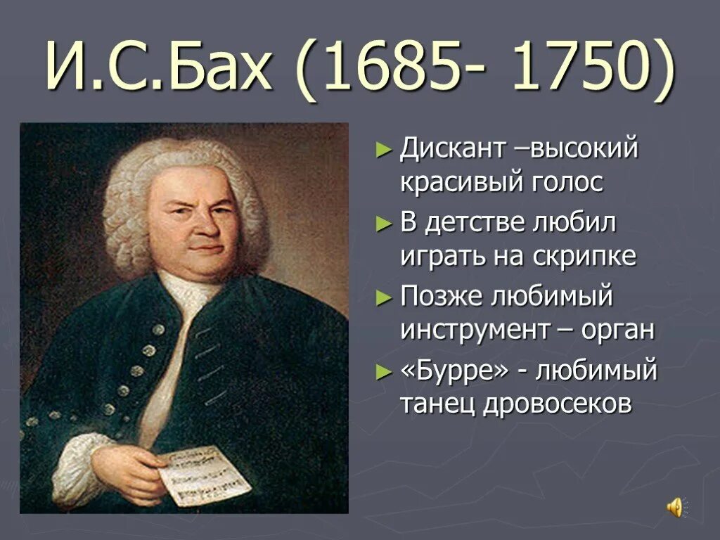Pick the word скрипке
click(592, 257)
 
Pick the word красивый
click(461, 183)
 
